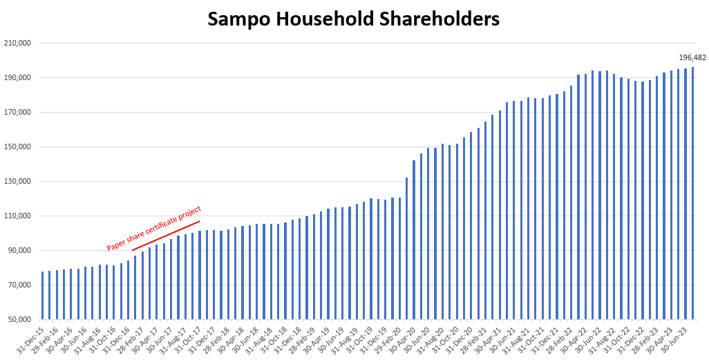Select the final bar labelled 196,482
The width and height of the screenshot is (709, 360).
click(x=692, y=193)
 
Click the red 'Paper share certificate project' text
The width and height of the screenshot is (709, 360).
click(x=153, y=228)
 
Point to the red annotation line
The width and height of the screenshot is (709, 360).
click(x=166, y=236)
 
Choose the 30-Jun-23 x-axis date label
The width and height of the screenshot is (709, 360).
click(x=675, y=337)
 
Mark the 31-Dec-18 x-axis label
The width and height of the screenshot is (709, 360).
click(x=290, y=337)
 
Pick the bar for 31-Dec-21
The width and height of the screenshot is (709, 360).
click(x=556, y=207)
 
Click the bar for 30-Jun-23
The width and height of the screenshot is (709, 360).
click(x=686, y=193)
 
